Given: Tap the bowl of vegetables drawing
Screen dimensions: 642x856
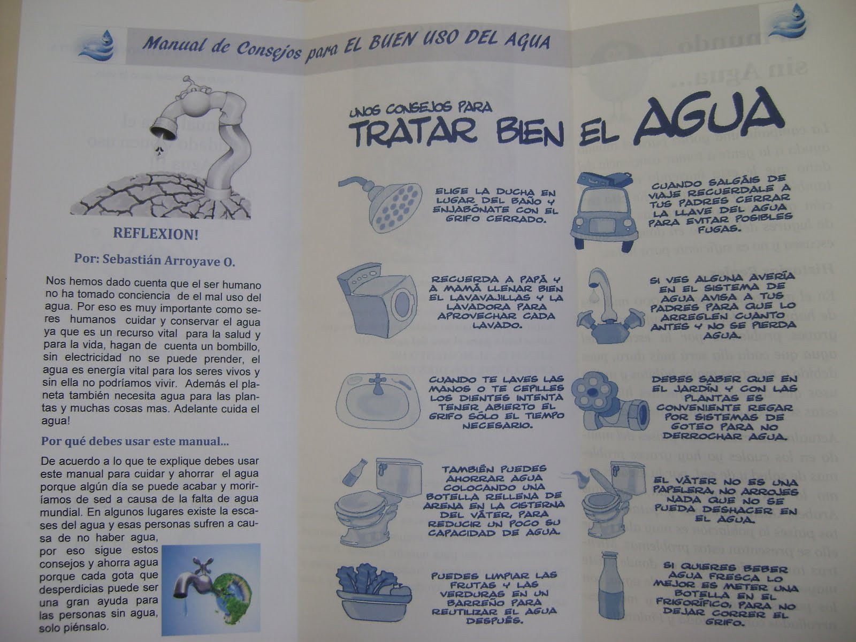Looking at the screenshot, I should pyautogui.click(x=373, y=591).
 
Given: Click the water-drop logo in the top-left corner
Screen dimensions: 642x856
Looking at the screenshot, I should pyautogui.click(x=97, y=45).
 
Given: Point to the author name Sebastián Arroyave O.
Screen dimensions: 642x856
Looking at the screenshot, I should pyautogui.click(x=154, y=261).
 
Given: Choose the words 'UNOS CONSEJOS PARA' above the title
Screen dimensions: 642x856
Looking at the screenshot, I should pyautogui.click(x=419, y=109).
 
